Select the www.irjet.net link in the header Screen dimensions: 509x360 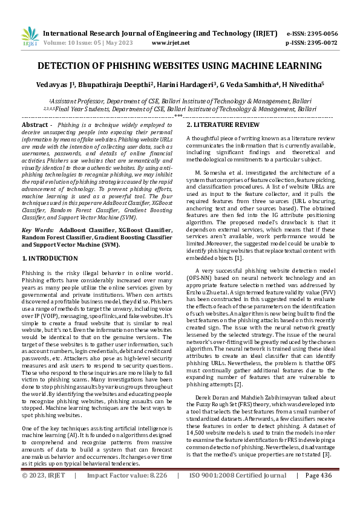coord(171,43)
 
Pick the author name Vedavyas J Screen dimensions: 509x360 coord(59,85)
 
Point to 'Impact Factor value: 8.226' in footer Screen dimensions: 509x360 coord(125,493)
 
